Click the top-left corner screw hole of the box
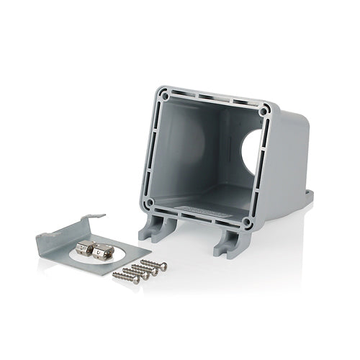click(164, 94)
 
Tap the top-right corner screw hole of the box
click(266, 111)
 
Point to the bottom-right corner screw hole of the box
click(247, 223)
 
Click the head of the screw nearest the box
click(163, 266)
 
